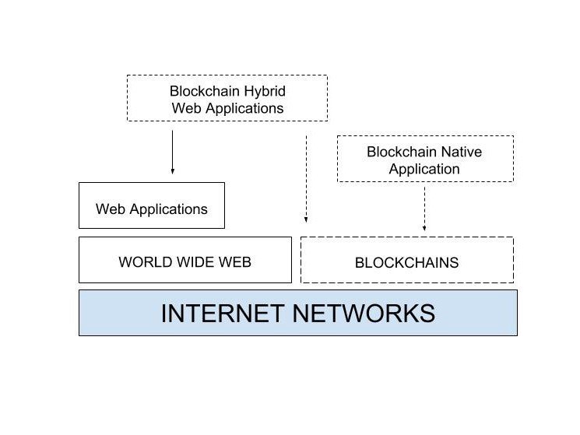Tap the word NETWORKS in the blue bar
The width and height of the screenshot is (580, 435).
[x=363, y=313]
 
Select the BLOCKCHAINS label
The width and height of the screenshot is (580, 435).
[x=406, y=262]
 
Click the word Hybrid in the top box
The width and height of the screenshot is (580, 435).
[x=260, y=90]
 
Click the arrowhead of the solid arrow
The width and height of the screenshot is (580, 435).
[x=172, y=170]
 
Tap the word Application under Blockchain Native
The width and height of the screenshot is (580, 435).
[x=424, y=169]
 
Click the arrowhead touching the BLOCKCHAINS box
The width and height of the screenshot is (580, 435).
[x=424, y=229]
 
